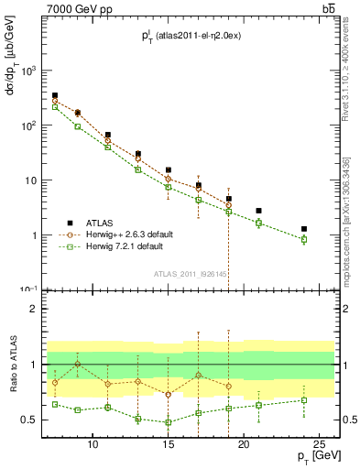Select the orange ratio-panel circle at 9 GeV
click(78, 364)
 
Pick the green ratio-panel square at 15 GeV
click(169, 422)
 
